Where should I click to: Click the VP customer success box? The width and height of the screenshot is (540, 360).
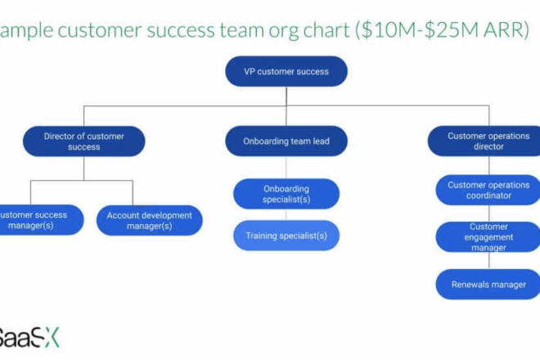point(286,71)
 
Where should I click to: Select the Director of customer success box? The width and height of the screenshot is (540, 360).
point(84,141)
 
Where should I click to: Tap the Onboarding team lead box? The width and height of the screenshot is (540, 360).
point(286,141)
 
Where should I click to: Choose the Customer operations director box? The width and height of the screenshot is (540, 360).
point(488,141)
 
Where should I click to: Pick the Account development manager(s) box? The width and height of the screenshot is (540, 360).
point(149,220)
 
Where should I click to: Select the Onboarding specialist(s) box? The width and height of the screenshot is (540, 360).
point(286,194)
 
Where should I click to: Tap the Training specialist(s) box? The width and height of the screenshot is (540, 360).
point(286,236)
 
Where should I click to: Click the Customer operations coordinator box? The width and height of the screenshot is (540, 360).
point(489,191)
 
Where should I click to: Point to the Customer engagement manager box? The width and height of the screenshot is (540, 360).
point(489,236)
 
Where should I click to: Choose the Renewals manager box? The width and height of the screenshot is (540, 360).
point(489,285)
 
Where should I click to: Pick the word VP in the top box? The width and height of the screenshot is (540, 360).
point(250,71)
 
